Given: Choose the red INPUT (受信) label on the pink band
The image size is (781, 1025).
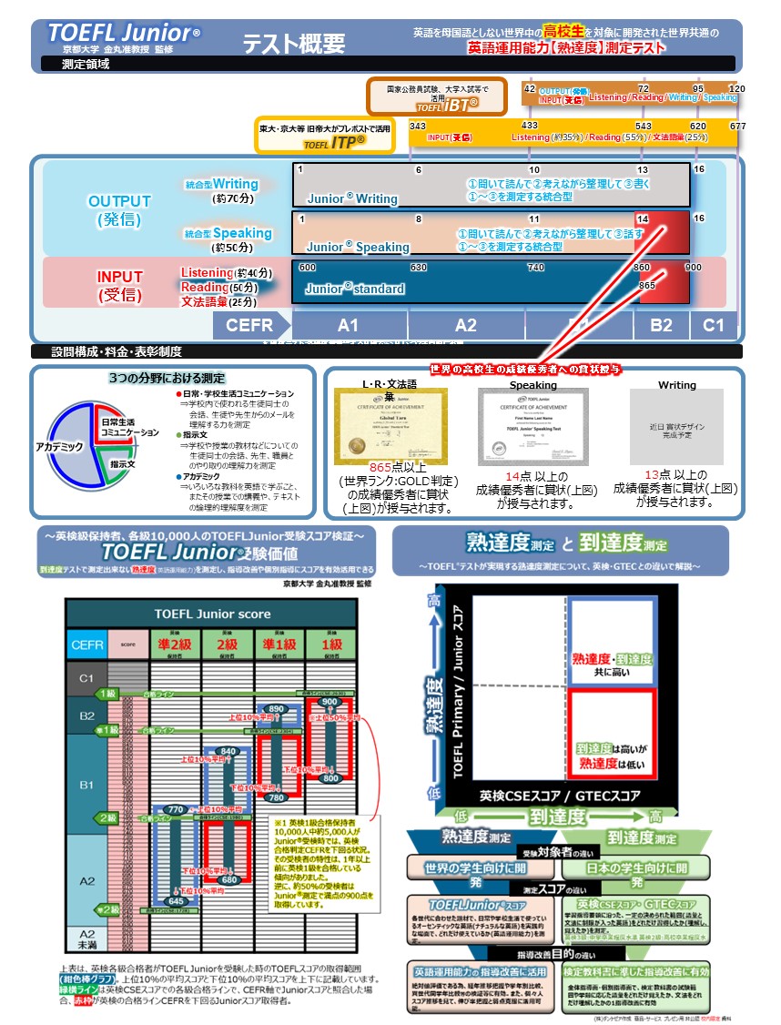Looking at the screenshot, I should coord(120,285).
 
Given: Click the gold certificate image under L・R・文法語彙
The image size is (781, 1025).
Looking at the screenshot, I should coord(390,428).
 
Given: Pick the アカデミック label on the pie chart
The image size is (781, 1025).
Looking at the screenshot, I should coord(59,447).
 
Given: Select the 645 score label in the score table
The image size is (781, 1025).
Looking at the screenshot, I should coord(176,901).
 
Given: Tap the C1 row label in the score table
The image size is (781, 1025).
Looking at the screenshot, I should coord(86,678).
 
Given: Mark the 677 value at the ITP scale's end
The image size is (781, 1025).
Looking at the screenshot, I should coord(737,127).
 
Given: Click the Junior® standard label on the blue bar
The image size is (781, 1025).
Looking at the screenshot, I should coord(354,289).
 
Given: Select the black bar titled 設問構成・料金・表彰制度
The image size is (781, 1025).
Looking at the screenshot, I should coord(387,351).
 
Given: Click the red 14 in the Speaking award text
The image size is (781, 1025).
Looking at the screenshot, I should coord(512,476).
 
